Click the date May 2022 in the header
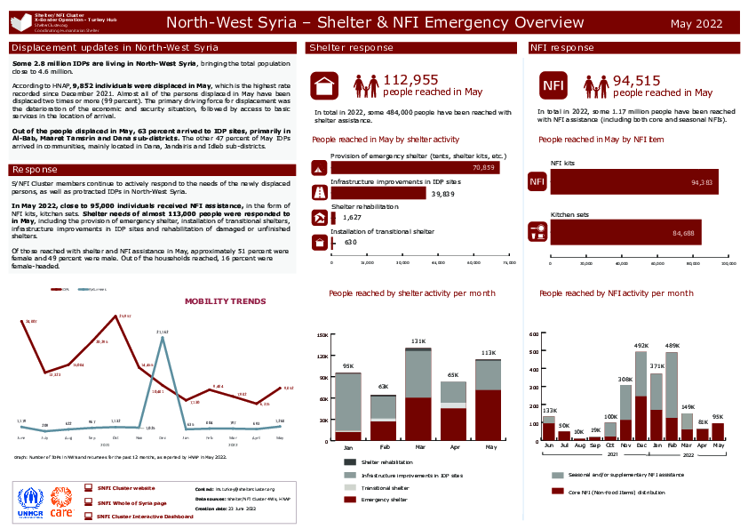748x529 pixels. [696, 24]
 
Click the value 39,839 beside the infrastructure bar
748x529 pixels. [442, 193]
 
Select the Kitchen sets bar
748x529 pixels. [625, 232]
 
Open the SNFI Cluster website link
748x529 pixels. [125, 488]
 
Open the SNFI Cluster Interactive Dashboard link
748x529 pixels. [145, 516]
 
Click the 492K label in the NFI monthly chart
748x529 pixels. [641, 346]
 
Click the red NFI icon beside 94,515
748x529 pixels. [553, 84]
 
